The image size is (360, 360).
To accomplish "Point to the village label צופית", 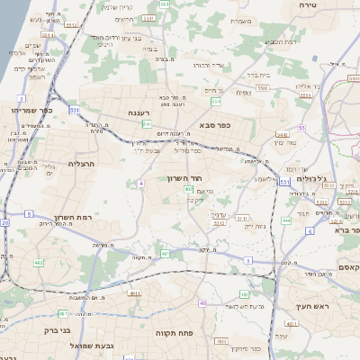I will (x=243, y=92).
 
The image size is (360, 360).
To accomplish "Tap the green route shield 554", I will (x=164, y=5).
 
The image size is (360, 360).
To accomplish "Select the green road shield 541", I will (x=146, y=124).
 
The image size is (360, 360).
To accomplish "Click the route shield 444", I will (x=286, y=220).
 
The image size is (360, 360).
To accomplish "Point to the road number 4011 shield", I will (x=134, y=293).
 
